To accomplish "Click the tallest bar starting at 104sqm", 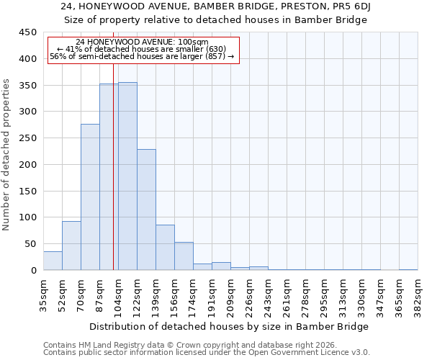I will click(x=127, y=176).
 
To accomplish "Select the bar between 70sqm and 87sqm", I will click(x=90, y=197).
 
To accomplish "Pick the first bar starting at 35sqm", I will click(x=53, y=261).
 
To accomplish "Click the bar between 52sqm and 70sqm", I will click(x=71, y=246).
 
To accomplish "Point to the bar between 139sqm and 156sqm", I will click(x=165, y=248).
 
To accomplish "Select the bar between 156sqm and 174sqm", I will click(x=184, y=256).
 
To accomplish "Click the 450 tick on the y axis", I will click(x=28, y=32).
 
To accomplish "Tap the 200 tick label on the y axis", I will click(x=28, y=165).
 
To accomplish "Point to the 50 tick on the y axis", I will click(x=31, y=244).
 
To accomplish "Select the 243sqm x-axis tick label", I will click(x=268, y=294).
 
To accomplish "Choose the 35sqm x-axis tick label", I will click(x=43, y=294).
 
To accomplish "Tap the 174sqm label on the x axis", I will click(x=193, y=294).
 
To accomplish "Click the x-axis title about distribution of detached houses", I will click(x=230, y=326).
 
